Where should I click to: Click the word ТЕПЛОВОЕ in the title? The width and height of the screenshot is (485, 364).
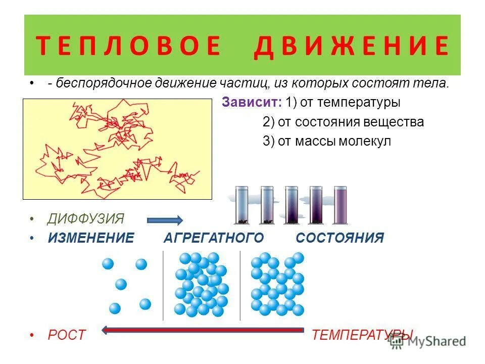[128, 46]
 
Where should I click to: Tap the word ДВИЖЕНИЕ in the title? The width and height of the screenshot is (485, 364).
[351, 46]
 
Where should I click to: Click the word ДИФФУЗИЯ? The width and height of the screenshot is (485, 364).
[86, 219]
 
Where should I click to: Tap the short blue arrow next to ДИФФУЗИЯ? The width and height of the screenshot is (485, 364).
[165, 220]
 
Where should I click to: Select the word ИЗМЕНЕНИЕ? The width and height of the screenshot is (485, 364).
[91, 238]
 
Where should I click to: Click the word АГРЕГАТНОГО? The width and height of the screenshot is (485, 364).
[214, 238]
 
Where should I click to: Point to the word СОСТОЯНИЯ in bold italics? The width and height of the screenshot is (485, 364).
[340, 238]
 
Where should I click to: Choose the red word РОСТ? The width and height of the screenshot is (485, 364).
[67, 335]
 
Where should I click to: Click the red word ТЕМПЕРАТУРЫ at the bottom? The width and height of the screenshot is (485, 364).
[362, 335]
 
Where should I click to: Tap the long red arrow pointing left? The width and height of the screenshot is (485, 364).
[202, 331]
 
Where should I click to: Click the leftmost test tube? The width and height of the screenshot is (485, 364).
[242, 205]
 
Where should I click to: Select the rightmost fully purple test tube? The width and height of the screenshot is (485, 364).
[341, 205]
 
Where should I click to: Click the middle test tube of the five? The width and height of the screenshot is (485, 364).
[292, 205]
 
